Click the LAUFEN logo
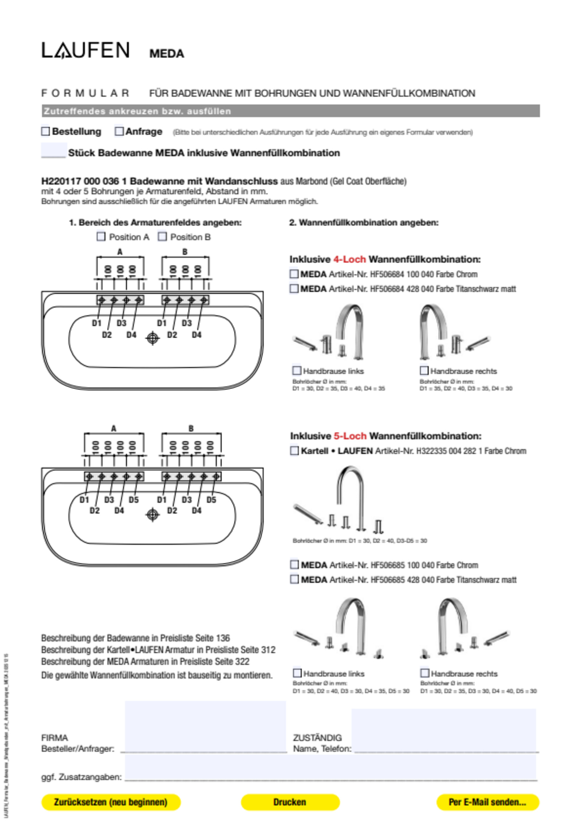tap(85, 50)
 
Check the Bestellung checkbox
tap(45, 131)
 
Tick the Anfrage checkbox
tap(119, 131)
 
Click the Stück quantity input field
tap(54, 150)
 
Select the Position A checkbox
tap(101, 237)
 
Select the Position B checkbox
tap(163, 237)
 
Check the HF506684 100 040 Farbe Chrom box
tap(294, 274)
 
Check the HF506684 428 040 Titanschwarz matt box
tap(294, 289)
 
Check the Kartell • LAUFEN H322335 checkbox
tap(294, 451)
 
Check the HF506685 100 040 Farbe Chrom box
tap(294, 565)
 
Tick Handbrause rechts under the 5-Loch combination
tap(425, 673)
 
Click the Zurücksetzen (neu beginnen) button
tap(111, 802)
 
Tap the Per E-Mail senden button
tap(487, 802)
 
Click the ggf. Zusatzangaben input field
tap(331, 769)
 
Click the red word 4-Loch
tap(349, 259)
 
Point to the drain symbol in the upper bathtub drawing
tap(153, 338)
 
